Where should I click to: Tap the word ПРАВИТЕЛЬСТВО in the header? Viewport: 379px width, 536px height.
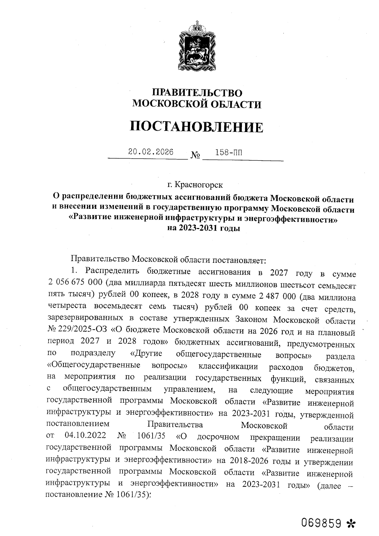(197, 93)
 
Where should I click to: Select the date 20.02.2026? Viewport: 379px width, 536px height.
(151, 152)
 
